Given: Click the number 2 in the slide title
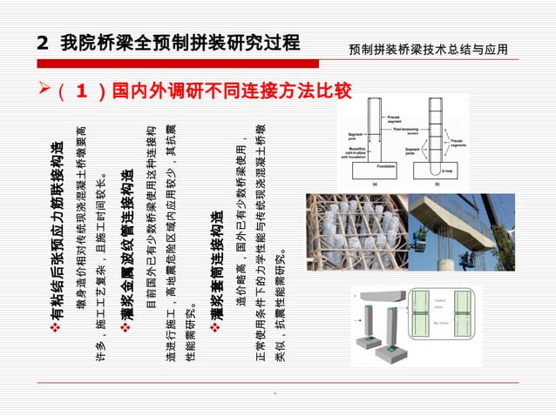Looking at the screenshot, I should (x=43, y=43).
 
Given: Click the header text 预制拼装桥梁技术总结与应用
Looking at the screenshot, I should (x=427, y=50).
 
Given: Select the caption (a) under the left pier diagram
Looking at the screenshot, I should (x=375, y=185).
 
